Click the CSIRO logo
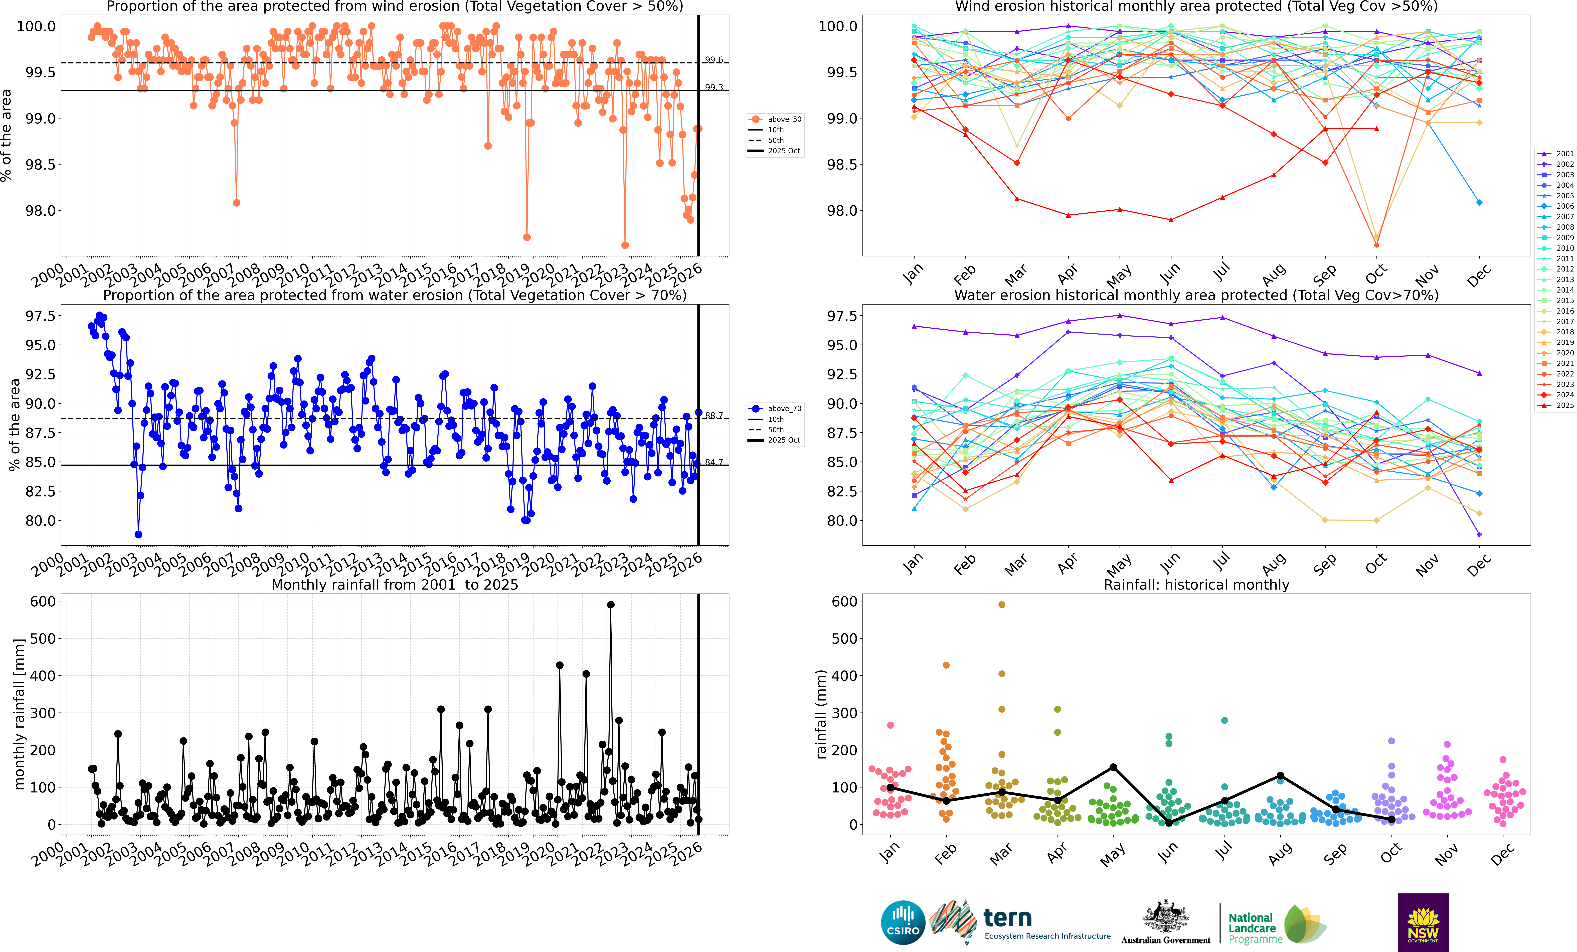[902, 923]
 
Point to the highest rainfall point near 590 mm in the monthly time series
[611, 604]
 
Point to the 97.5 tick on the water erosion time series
[40, 316]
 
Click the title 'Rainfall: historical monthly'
[1196, 585]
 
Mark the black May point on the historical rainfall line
[1113, 767]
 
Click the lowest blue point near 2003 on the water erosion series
[138, 535]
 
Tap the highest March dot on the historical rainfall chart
[1002, 604]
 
